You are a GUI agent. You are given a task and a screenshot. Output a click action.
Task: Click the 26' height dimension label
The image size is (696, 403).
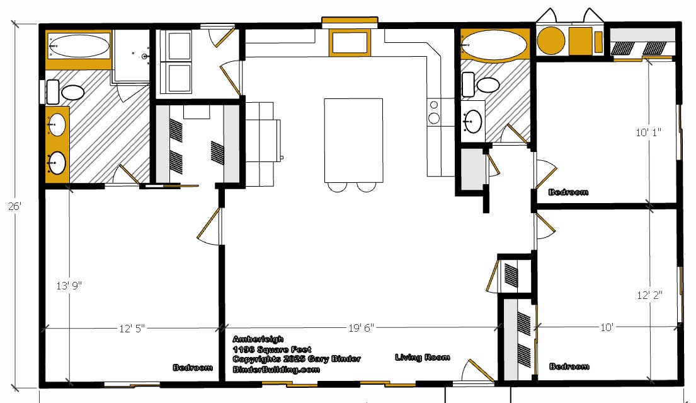pos(14,206)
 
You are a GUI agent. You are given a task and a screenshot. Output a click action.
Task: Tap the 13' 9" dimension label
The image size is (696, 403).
pos(69,285)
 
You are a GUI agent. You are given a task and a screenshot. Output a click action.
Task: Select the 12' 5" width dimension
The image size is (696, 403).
pos(132,329)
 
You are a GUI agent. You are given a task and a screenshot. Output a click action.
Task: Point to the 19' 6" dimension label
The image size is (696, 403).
pos(361,328)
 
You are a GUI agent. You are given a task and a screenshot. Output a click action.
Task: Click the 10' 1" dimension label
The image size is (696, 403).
pos(649,132)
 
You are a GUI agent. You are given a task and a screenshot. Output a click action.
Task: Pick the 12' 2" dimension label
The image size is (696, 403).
pos(650,295)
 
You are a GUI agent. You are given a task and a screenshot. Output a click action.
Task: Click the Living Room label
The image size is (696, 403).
pos(423,357)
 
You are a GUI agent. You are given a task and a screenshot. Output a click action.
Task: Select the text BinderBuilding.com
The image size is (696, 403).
pos(276,369)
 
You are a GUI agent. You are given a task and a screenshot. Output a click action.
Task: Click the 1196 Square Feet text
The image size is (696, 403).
pos(271,349)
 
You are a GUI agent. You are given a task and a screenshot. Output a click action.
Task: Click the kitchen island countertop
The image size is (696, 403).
pos(353,141)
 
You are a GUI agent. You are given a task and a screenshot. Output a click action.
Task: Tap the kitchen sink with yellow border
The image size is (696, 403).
pos(350,43)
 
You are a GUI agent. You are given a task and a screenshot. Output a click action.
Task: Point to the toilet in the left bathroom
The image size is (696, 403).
pos(66,92)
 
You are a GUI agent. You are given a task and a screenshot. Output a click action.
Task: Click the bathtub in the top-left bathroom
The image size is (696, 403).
pos(79,46)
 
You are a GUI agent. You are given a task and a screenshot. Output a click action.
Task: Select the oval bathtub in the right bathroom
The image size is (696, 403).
pos(494,45)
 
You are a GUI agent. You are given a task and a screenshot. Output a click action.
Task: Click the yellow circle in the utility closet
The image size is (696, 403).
pos(551,40)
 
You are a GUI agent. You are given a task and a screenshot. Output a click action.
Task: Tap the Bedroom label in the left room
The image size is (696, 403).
pos(193,368)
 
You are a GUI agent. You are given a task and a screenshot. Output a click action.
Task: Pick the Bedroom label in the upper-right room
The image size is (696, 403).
pos(568,192)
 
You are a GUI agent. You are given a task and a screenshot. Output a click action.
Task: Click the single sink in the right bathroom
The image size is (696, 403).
pos(472,121)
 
